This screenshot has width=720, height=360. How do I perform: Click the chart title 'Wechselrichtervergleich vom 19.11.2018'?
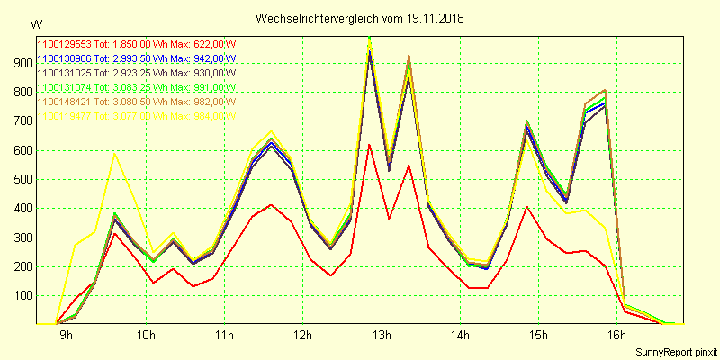360,18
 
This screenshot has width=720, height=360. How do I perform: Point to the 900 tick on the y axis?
19,64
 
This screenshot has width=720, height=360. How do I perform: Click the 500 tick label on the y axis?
19,179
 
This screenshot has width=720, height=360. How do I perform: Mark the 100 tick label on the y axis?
19,295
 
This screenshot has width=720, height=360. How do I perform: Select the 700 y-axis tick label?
19,121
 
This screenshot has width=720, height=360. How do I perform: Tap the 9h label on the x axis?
67,335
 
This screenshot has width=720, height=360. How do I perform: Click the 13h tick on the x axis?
382,335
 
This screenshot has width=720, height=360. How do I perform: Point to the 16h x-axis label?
616,335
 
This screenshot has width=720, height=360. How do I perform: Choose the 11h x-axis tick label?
224,335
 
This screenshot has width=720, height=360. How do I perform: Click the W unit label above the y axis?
35,24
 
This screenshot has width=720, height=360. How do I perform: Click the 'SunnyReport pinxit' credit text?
675,352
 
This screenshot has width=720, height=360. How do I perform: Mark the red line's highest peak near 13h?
369,144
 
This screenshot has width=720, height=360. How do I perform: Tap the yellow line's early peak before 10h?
114,153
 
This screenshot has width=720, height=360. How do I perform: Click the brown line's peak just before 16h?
604,90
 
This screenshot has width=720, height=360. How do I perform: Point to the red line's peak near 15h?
526,207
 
